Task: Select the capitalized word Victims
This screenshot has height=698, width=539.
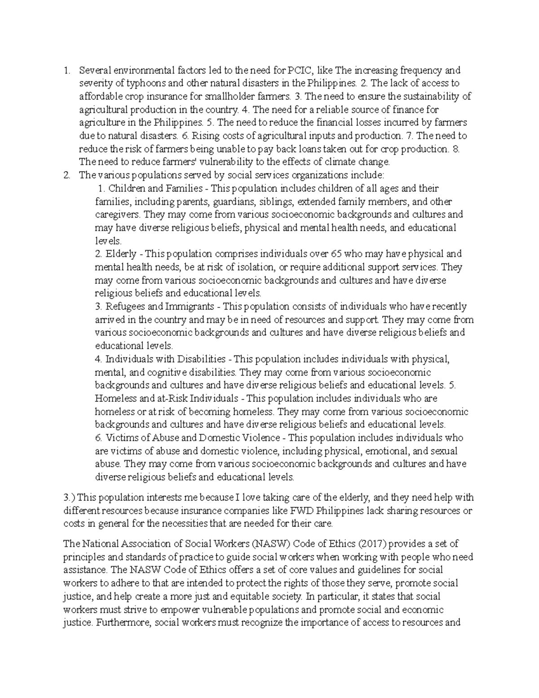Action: point(119,438)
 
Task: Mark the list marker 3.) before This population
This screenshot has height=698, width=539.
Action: point(70,498)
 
